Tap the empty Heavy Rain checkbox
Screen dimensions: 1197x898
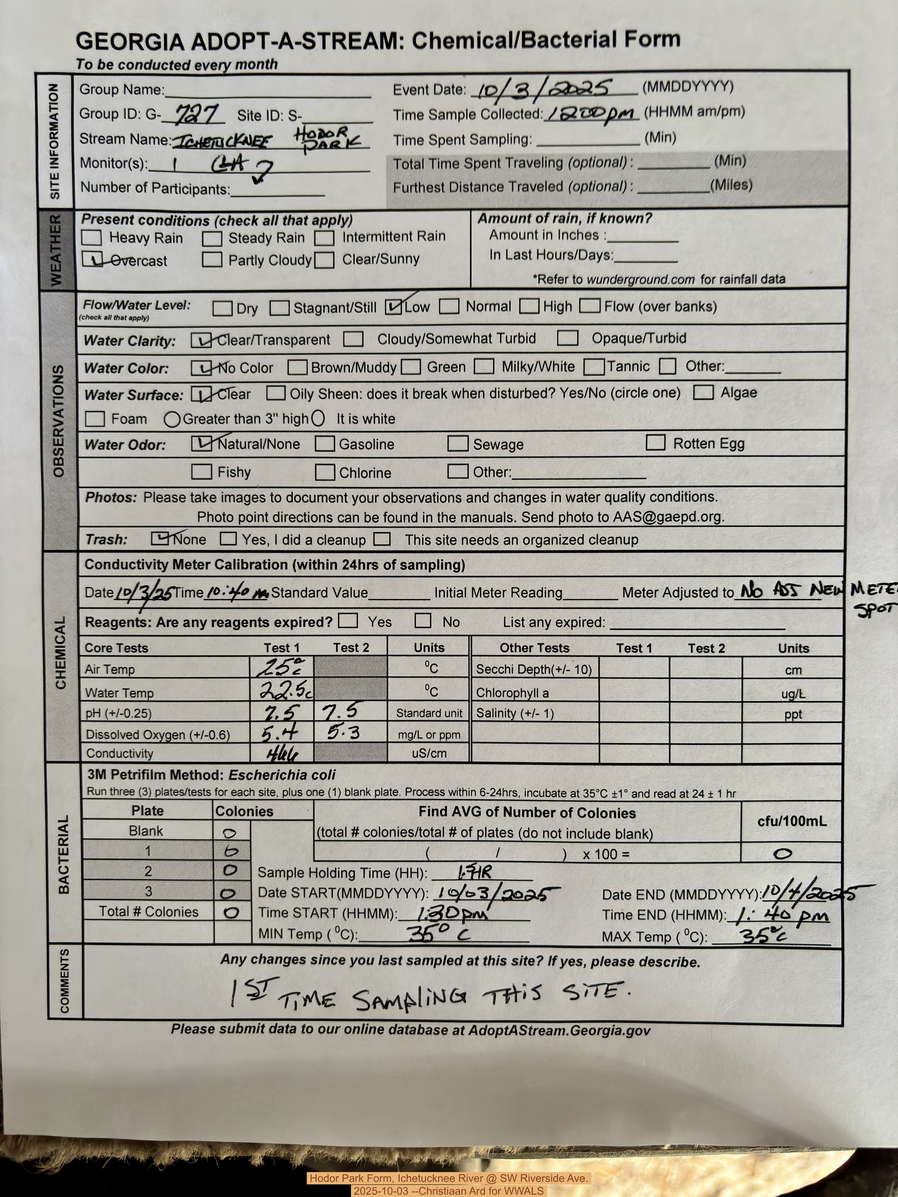coord(91,237)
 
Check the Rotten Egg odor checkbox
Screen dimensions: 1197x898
coord(656,443)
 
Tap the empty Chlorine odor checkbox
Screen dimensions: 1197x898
coord(325,472)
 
